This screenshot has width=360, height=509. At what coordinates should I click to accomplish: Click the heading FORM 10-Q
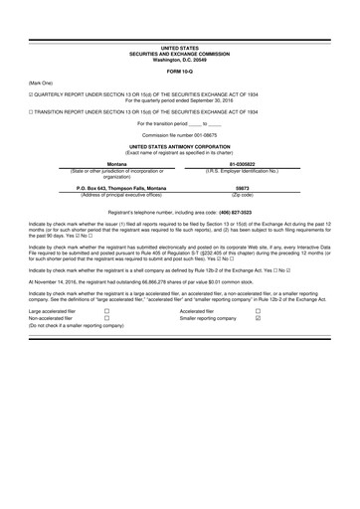[179, 71]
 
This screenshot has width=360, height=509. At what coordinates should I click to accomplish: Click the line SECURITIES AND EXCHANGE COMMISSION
[179, 53]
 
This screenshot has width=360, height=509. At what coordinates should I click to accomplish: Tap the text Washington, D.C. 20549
[179, 58]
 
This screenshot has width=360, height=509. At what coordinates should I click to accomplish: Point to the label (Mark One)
[41, 83]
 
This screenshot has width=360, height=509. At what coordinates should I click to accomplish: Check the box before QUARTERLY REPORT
[31, 95]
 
